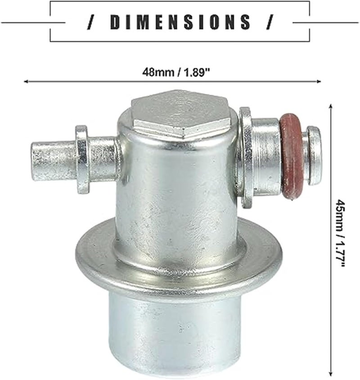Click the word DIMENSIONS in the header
coord(180,22)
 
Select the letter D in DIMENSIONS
coord(114,22)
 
